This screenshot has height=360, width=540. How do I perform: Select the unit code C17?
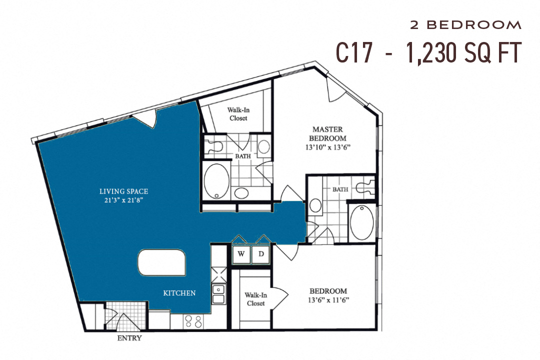354,52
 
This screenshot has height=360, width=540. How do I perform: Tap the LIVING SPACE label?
123,191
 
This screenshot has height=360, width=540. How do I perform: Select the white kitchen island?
161,262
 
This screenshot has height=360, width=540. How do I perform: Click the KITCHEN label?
179,293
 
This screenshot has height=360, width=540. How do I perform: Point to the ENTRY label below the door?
129,338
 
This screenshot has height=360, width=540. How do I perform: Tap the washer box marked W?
241,254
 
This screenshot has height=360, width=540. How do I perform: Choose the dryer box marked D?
261,254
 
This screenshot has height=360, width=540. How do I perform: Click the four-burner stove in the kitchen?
193,321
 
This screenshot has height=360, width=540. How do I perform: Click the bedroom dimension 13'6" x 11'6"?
328,300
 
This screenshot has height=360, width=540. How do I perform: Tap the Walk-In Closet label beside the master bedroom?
238,113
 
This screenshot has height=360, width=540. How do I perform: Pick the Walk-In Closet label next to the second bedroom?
255,299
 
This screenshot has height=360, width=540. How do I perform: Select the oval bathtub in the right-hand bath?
361,221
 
